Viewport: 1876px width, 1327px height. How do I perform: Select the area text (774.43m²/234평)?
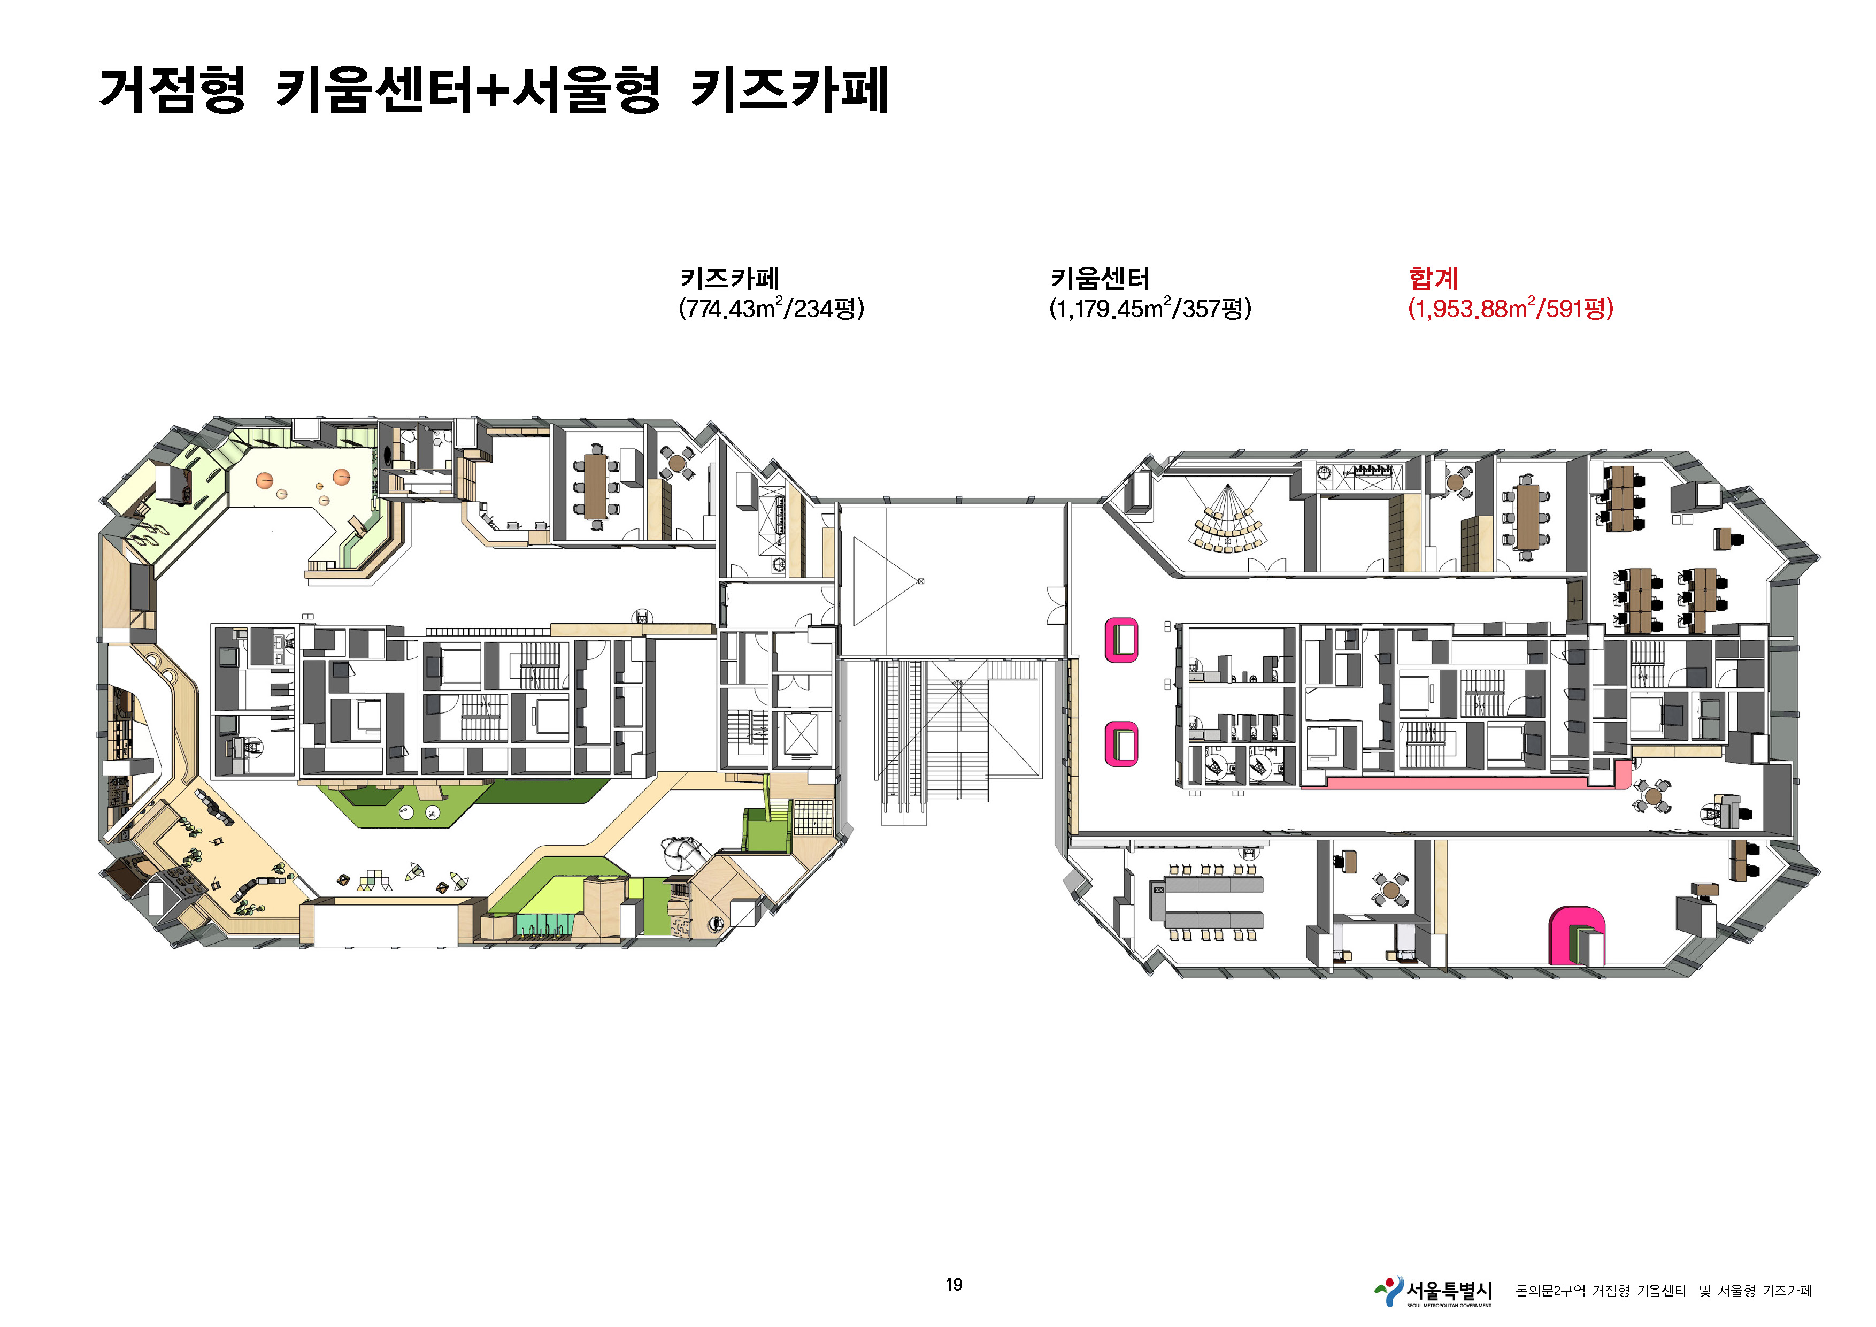pyautogui.click(x=771, y=309)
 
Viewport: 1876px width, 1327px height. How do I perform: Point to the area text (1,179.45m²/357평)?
pyautogui.click(x=1150, y=309)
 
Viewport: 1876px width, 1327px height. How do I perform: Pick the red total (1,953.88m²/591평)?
pyautogui.click(x=1511, y=309)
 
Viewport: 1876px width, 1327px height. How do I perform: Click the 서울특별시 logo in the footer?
pyautogui.click(x=1434, y=1291)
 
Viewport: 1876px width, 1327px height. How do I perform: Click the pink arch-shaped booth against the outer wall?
pyautogui.click(x=1576, y=935)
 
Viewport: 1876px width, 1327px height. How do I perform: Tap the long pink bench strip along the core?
pyautogui.click(x=1463, y=781)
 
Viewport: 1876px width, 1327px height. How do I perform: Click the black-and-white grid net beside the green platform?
pyautogui.click(x=813, y=817)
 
